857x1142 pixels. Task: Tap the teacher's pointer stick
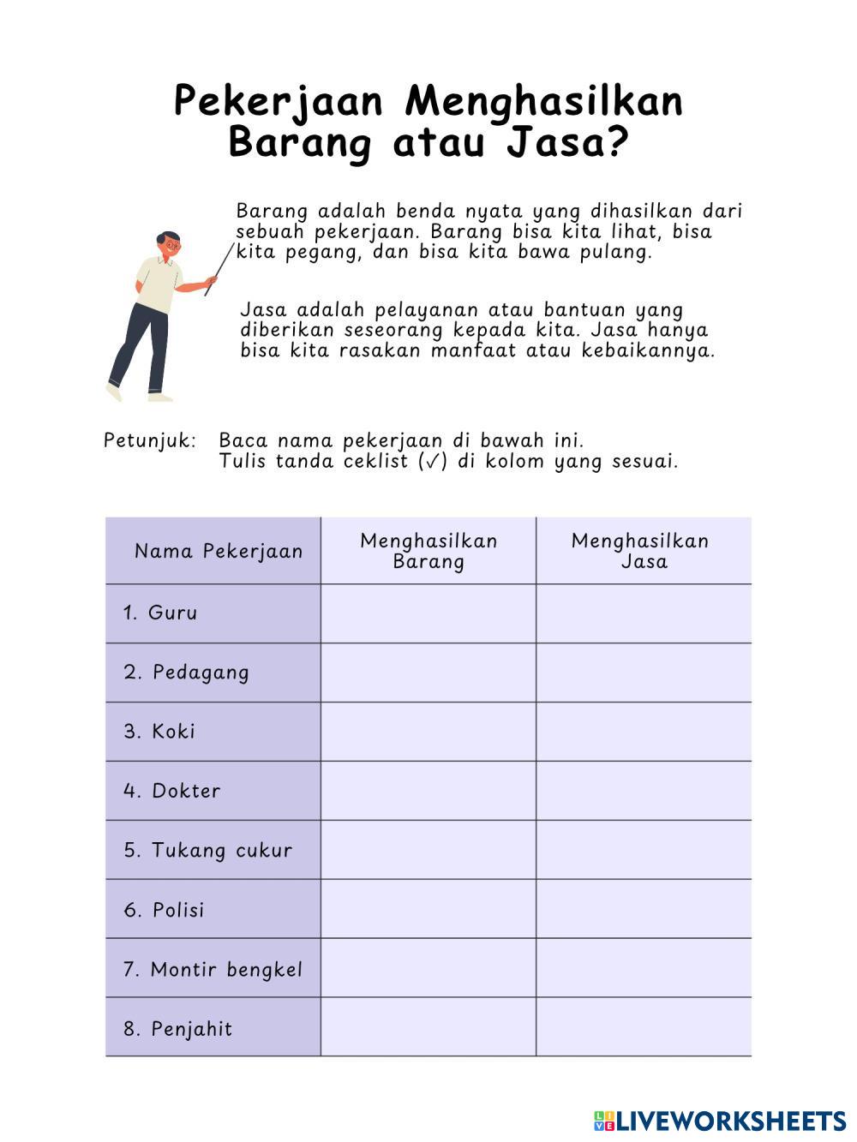pyautogui.click(x=219, y=269)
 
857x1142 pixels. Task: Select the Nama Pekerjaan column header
pyautogui.click(x=219, y=551)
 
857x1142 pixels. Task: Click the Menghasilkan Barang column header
pyautogui.click(x=428, y=551)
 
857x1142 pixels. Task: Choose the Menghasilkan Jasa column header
pyautogui.click(x=644, y=551)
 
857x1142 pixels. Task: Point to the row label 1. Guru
pyautogui.click(x=160, y=613)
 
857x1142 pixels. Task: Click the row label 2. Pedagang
pyautogui.click(x=186, y=673)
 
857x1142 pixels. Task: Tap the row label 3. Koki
pyautogui.click(x=159, y=732)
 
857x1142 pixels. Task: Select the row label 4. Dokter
pyautogui.click(x=171, y=791)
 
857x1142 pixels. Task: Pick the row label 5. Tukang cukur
pyautogui.click(x=207, y=851)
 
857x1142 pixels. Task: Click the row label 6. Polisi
pyautogui.click(x=164, y=910)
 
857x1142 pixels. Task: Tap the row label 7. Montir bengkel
pyautogui.click(x=213, y=970)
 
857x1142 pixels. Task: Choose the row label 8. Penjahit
pyautogui.click(x=177, y=1029)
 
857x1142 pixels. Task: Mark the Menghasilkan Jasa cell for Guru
pyautogui.click(x=644, y=613)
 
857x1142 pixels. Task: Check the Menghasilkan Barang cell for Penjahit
pyautogui.click(x=428, y=1027)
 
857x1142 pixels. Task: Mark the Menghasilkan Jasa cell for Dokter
pyautogui.click(x=644, y=791)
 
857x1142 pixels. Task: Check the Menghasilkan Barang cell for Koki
pyautogui.click(x=428, y=732)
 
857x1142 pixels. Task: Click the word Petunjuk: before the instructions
pyautogui.click(x=150, y=441)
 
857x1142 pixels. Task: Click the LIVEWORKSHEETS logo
pyautogui.click(x=720, y=1121)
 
